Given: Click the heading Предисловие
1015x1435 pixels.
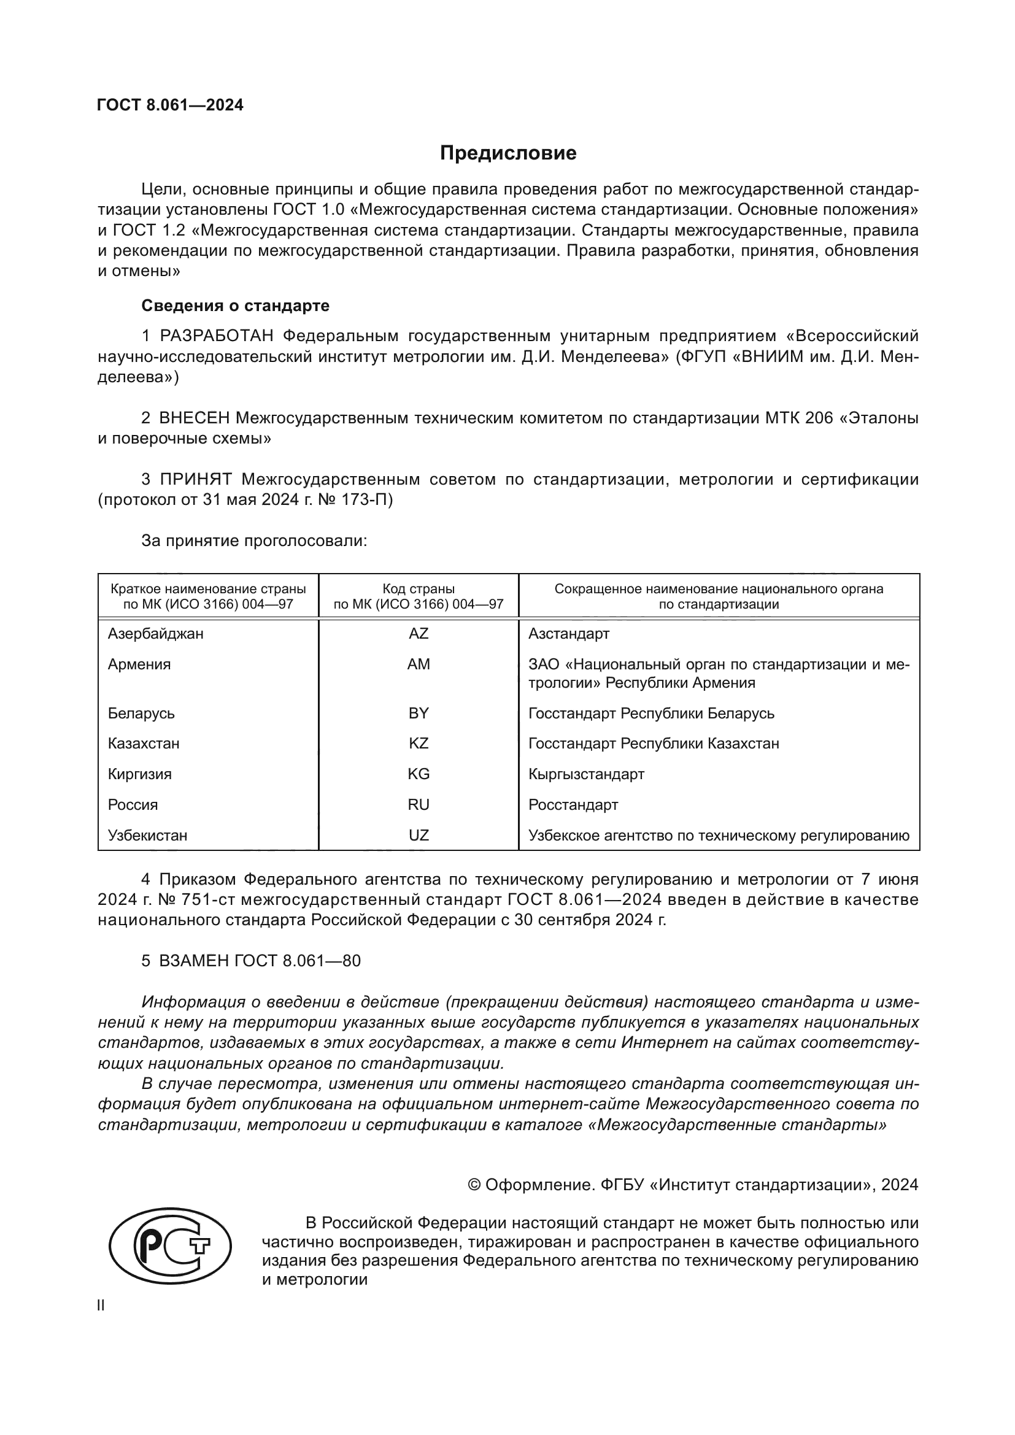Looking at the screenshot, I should click(x=507, y=153).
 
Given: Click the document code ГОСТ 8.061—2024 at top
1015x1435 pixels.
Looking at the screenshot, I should click(x=170, y=105).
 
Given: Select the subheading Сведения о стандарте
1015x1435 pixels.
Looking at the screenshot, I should click(x=235, y=306).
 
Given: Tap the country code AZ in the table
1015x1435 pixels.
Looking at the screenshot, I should click(x=418, y=634).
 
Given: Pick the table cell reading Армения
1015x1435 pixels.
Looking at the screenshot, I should click(x=139, y=664).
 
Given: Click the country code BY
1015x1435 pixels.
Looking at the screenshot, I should click(x=418, y=713).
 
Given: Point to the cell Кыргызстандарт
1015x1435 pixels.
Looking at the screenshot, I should click(x=585, y=774).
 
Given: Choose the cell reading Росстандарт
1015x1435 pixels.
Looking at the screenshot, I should click(x=573, y=805).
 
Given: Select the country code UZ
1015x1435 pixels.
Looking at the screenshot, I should click(x=418, y=836).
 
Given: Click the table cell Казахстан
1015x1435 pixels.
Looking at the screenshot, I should click(x=143, y=744).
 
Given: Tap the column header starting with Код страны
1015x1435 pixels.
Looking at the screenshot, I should click(x=418, y=596).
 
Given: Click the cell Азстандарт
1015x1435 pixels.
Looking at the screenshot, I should click(x=568, y=634).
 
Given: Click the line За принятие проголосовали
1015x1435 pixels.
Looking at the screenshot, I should click(x=254, y=541).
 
